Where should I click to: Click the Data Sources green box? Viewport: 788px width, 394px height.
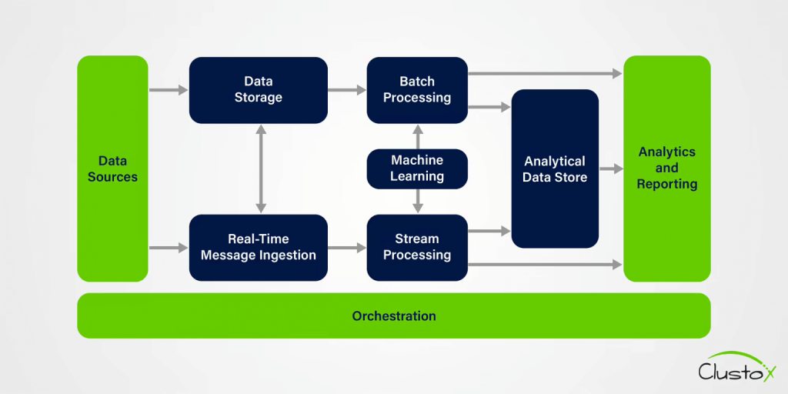pyautogui.click(x=112, y=169)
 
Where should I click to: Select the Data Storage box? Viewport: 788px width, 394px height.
pyautogui.click(x=258, y=90)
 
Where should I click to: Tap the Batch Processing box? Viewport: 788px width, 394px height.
pyautogui.click(x=416, y=90)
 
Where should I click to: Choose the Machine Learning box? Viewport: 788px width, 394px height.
pyautogui.click(x=416, y=169)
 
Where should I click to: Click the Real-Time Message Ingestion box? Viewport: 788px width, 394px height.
pyautogui.click(x=258, y=247)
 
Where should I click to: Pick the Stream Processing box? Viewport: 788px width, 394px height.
pyautogui.click(x=416, y=247)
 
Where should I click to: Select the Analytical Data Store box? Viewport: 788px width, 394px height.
pyautogui.click(x=554, y=169)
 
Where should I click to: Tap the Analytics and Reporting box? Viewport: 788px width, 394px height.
pyautogui.click(x=666, y=169)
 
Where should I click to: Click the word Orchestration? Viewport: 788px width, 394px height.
pyautogui.click(x=393, y=316)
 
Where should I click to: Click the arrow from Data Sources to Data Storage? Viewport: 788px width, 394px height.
pyautogui.click(x=169, y=90)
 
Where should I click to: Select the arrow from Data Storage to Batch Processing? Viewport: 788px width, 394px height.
pyautogui.click(x=347, y=90)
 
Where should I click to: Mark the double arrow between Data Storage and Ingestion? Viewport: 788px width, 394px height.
pyautogui.click(x=261, y=169)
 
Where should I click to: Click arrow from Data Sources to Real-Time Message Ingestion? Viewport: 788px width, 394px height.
pyautogui.click(x=169, y=248)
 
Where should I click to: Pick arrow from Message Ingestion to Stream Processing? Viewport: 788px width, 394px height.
pyautogui.click(x=347, y=248)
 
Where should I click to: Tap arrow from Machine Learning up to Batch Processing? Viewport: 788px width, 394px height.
pyautogui.click(x=418, y=136)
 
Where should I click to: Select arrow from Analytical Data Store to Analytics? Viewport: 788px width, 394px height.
pyautogui.click(x=611, y=169)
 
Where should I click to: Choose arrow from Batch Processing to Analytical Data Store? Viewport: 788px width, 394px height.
pyautogui.click(x=489, y=107)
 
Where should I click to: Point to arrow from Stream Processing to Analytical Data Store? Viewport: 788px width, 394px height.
pyautogui.click(x=489, y=230)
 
